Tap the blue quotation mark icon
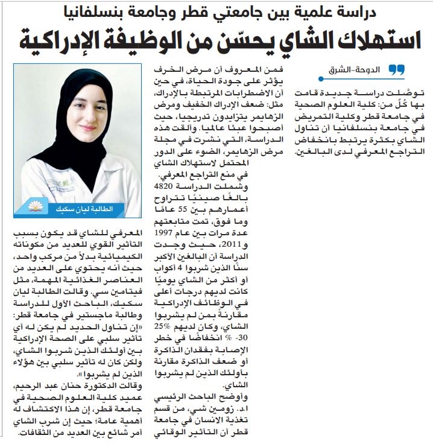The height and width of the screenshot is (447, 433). point(396,70)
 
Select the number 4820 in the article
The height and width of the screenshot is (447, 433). point(171,187)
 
